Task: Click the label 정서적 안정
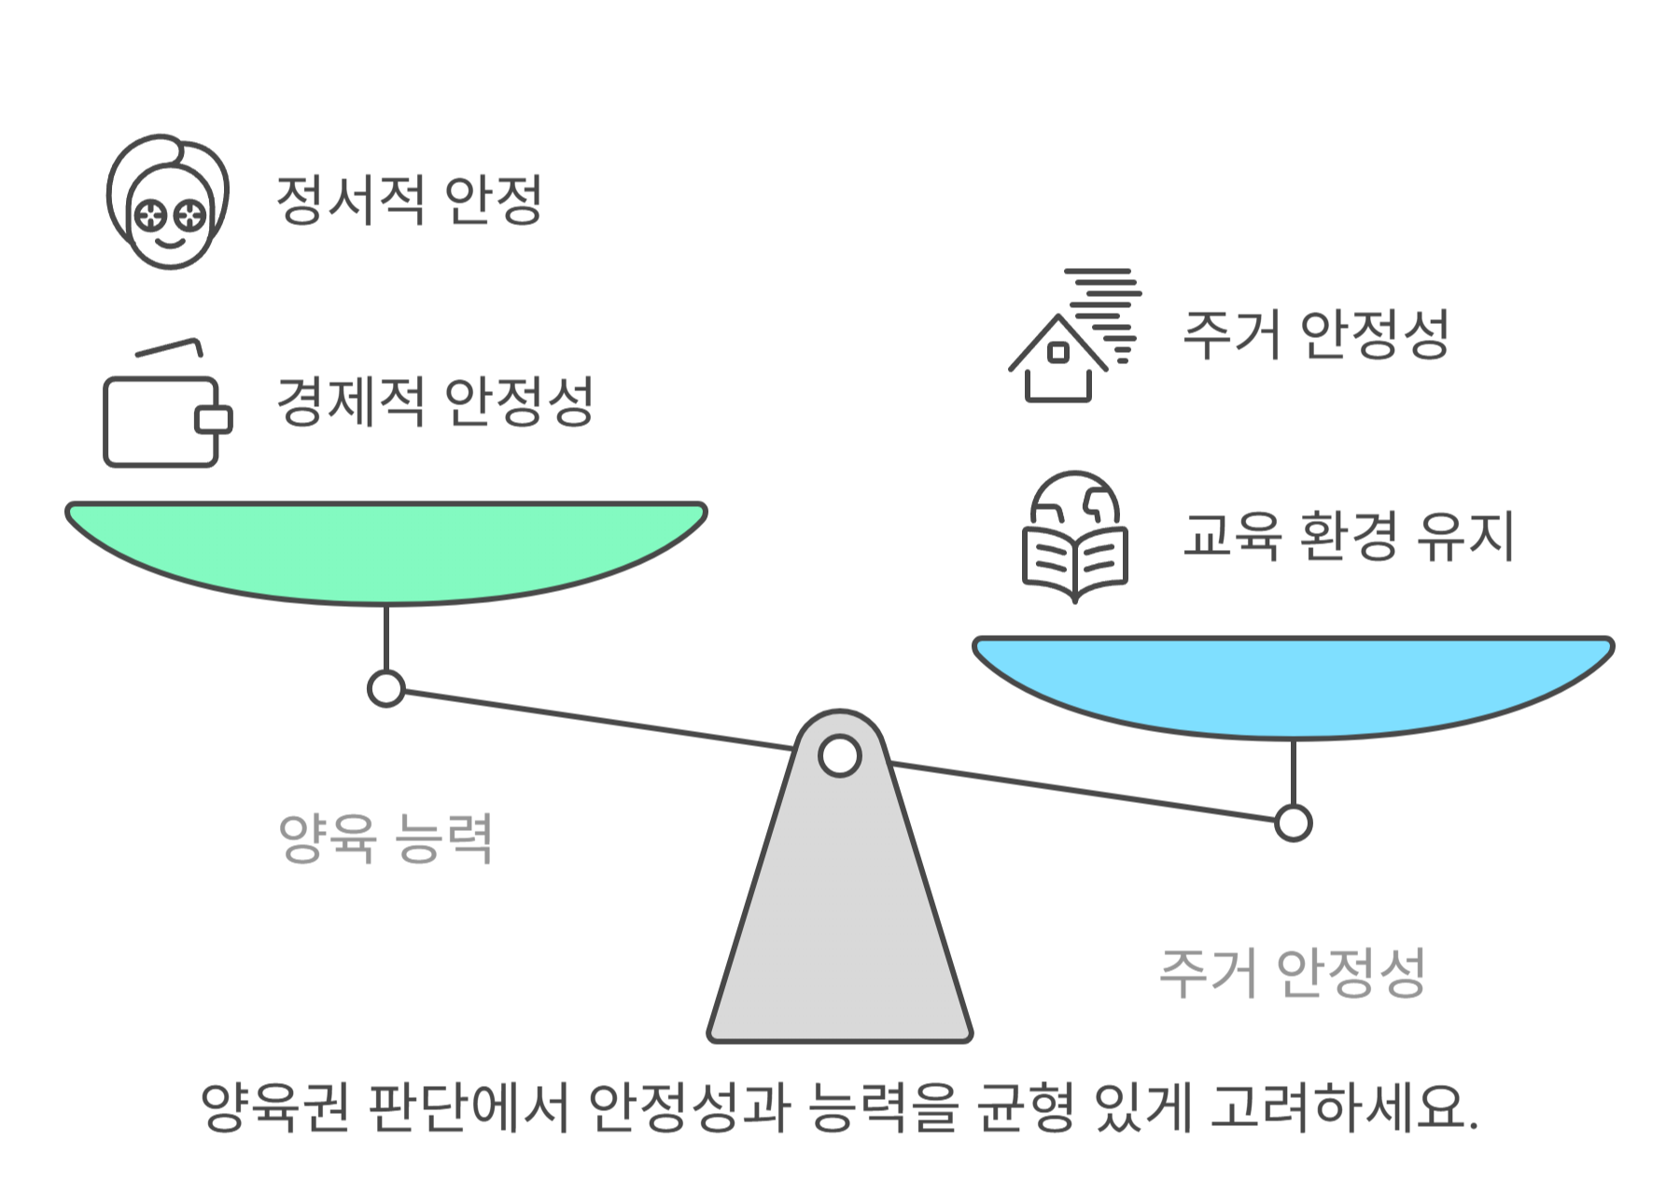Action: coord(409,200)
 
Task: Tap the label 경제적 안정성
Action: coord(435,401)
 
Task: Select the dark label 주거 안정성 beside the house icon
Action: coord(1315,334)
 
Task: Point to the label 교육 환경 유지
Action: coord(1347,536)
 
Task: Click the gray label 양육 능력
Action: coord(385,838)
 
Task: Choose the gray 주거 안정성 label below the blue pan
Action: coord(1292,973)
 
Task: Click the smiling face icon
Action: coord(168,202)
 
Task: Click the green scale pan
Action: coord(385,546)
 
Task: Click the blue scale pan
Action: coord(1293,682)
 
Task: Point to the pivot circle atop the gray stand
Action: coord(839,756)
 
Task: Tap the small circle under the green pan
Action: coord(385,689)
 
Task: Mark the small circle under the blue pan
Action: coord(1293,824)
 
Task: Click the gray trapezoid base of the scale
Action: coord(839,934)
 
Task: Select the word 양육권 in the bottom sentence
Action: coord(275,1107)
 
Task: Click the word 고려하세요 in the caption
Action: coord(1344,1107)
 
